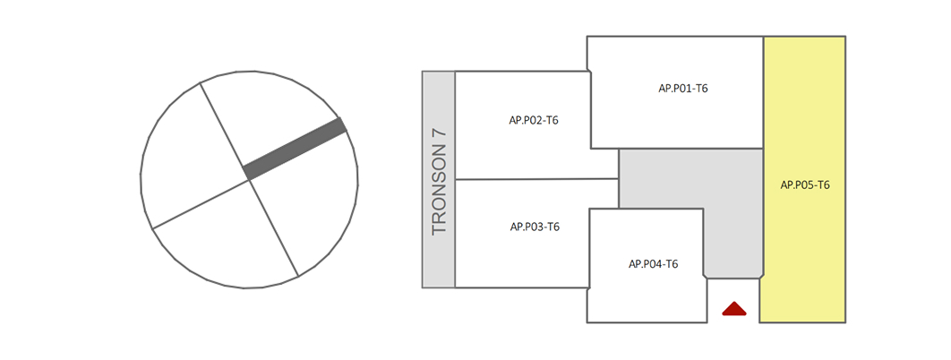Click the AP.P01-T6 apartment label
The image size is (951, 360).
click(683, 88)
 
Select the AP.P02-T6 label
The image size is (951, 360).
click(534, 120)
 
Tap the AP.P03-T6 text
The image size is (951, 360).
click(535, 227)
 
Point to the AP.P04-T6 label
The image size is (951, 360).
click(653, 264)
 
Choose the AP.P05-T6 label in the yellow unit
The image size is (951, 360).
click(805, 185)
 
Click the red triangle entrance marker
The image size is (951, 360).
click(734, 310)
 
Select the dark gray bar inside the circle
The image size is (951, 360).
click(295, 149)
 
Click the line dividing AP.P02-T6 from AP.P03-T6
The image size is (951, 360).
click(537, 180)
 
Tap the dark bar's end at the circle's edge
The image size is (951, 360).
click(342, 126)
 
